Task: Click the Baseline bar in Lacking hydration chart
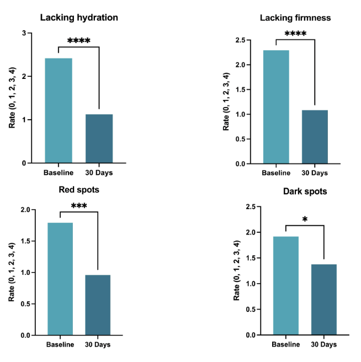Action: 58,110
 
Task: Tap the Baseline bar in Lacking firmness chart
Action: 276,107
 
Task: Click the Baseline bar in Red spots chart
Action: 61,279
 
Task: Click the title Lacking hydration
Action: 79,17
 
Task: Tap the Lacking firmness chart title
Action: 295,18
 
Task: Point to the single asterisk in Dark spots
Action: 305,220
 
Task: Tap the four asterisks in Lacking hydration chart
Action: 78,41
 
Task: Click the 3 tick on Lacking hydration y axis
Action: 24,33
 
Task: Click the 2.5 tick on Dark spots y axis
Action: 249,207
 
